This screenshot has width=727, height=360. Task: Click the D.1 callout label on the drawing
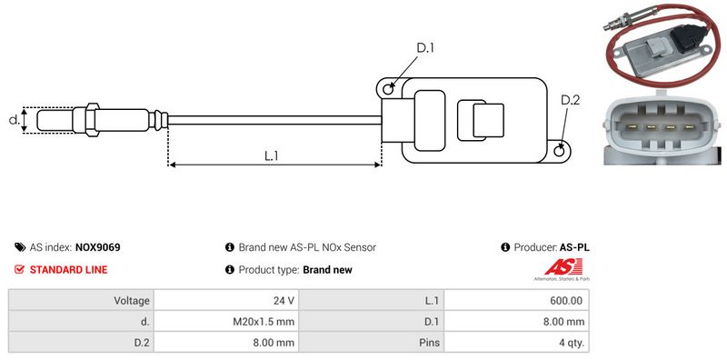pos(425,48)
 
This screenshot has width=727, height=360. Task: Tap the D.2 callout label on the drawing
pos(571,100)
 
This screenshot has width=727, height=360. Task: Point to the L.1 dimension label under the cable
pos(271,155)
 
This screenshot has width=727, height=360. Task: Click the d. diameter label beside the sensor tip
pos(15,120)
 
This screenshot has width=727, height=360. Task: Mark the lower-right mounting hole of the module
pos(560,150)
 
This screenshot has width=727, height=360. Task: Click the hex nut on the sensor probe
pos(92,120)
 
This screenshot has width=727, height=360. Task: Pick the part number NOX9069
pos(98,247)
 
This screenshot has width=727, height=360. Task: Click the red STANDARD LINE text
pos(69,269)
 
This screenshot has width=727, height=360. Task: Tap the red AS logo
pos(563,266)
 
